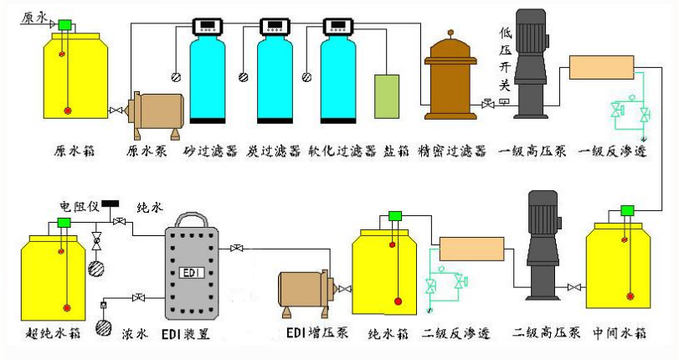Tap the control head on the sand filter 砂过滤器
coord(208,26)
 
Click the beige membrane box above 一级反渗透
coord(598,67)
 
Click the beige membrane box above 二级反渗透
coord(468,249)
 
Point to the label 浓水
coord(136,335)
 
